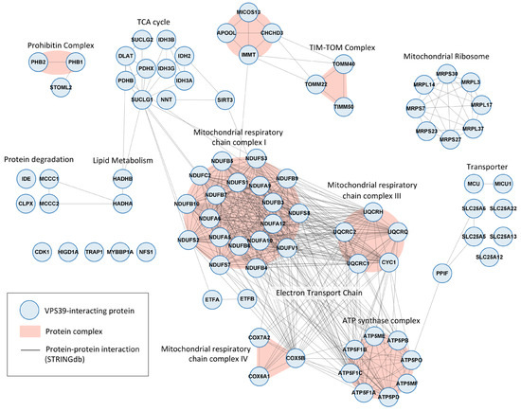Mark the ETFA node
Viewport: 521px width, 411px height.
click(x=212, y=300)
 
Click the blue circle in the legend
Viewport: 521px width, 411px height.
click(x=35, y=309)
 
